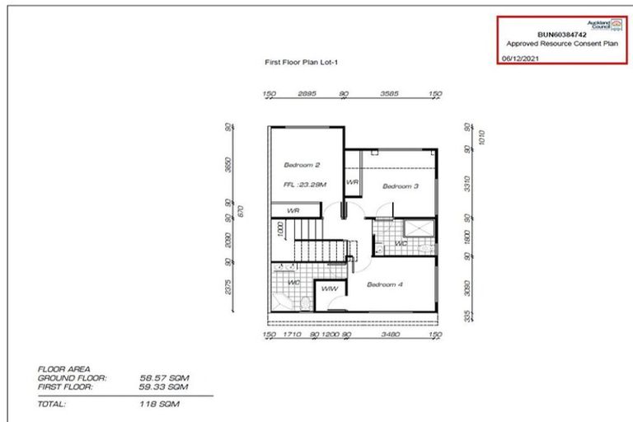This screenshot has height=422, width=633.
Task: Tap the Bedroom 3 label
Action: pyautogui.click(x=401, y=186)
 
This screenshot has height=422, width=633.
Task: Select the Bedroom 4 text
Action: pyautogui.click(x=385, y=284)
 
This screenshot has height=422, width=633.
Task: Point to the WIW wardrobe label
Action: pyautogui.click(x=328, y=288)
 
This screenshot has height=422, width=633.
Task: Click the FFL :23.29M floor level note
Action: pyautogui.click(x=306, y=185)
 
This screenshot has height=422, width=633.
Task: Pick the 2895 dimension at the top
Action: pyautogui.click(x=307, y=95)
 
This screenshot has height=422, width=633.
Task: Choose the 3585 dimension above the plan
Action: pyautogui.click(x=389, y=95)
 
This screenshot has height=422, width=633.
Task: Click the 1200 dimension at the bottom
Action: pyautogui.click(x=330, y=335)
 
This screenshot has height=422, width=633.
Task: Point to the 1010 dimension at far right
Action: pyautogui.click(x=484, y=138)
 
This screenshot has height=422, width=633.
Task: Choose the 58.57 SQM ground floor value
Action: pyautogui.click(x=165, y=377)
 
